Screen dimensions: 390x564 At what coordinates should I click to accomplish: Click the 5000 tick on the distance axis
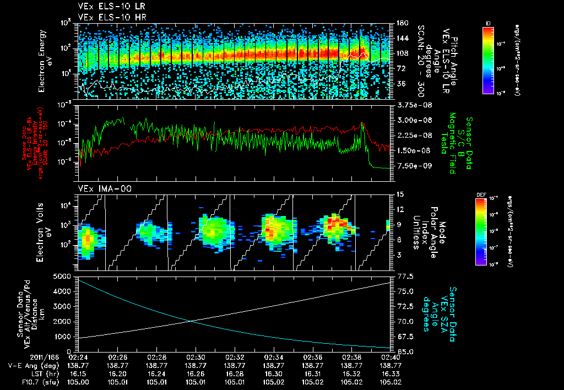pyautogui.click(x=63, y=276)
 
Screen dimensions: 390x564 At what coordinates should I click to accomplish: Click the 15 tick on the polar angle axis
pyautogui.click(x=399, y=194)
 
